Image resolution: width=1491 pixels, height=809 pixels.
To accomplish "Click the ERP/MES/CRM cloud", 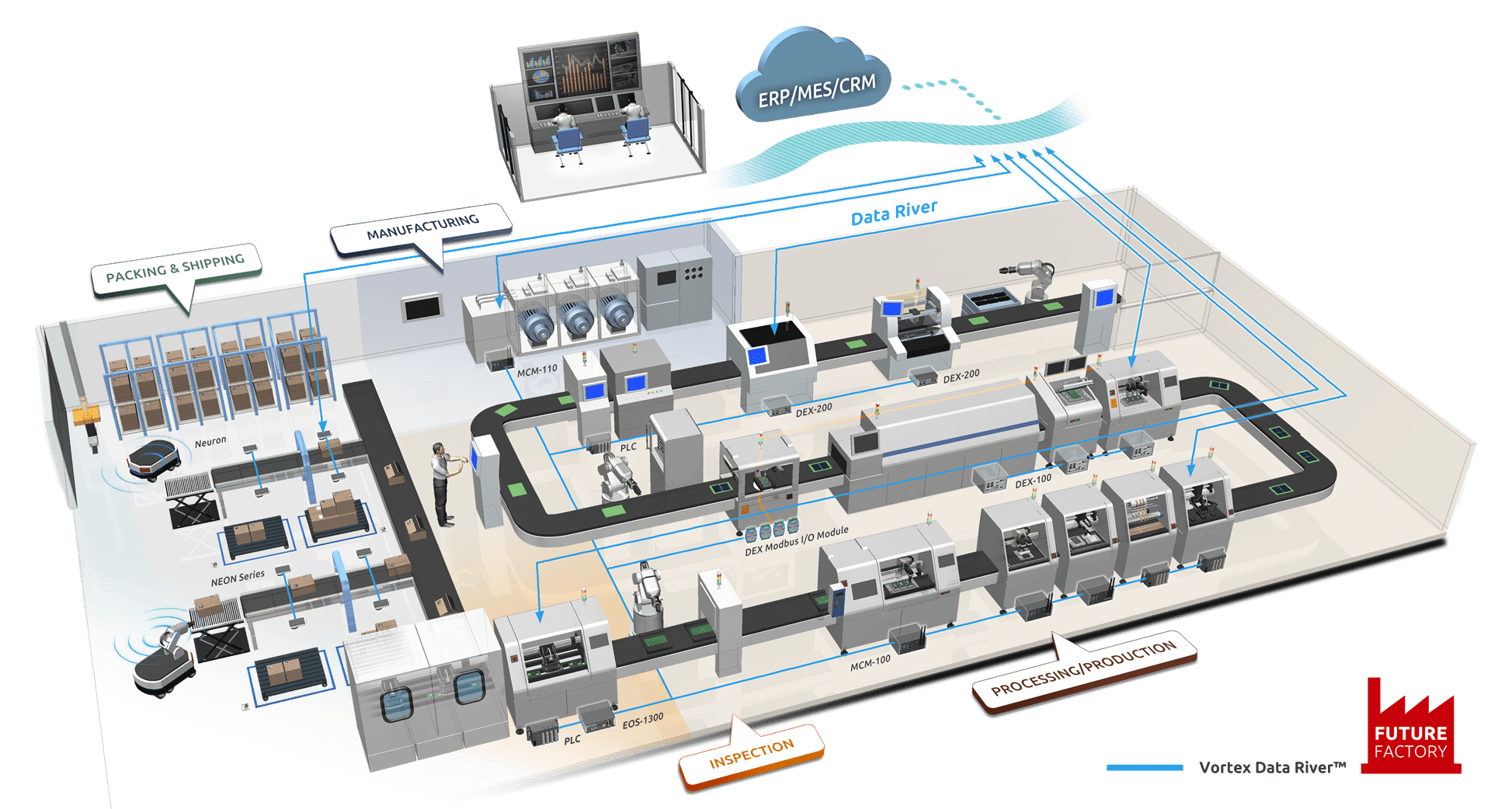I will [x=815, y=84].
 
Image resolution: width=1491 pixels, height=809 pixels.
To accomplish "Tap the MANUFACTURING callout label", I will [x=422, y=227].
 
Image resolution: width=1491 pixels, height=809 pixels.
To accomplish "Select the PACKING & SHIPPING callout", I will [x=176, y=269].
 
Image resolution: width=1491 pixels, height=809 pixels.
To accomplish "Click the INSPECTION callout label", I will [x=751, y=754].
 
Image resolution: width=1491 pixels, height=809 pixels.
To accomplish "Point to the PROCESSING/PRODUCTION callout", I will [x=1084, y=668].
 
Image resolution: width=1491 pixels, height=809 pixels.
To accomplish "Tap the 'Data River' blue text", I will [x=895, y=212].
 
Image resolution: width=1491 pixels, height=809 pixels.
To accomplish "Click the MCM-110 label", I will [x=537, y=371].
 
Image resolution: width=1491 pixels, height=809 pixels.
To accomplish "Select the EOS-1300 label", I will [x=643, y=722].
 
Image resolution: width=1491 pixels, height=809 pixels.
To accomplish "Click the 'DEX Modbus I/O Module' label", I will [x=797, y=541].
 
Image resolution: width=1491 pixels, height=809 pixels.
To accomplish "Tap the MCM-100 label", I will [x=871, y=662].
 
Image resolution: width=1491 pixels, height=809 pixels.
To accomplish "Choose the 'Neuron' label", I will [x=210, y=443].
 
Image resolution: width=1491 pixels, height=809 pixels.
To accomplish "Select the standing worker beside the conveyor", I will [x=443, y=484].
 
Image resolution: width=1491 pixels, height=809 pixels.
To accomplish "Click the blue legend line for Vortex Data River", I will [x=1145, y=768].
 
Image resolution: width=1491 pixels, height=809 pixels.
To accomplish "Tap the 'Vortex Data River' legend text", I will [x=1271, y=768].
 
